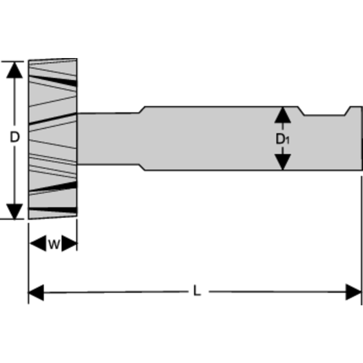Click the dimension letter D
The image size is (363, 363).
click(x=15, y=137)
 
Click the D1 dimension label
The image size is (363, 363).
click(x=283, y=139)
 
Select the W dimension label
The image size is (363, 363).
click(x=54, y=244)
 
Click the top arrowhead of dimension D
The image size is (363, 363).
click(x=15, y=69)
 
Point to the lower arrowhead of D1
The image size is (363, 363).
click(x=283, y=162)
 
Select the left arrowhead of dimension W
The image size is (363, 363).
click(x=36, y=244)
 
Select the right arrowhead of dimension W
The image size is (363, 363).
click(x=69, y=244)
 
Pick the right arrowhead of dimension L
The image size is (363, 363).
click(x=353, y=292)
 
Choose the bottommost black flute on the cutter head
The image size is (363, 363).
click(x=54, y=210)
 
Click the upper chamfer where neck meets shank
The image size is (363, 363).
click(x=141, y=110)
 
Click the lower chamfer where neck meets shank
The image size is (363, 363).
click(x=141, y=167)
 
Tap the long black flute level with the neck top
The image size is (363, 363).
click(x=52, y=119)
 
